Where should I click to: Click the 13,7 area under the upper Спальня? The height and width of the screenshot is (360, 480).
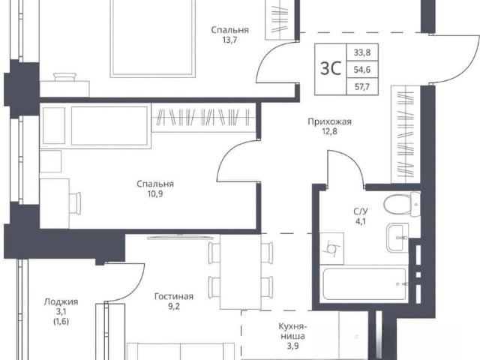coord(229,40)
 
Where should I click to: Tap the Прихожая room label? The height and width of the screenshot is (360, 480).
coord(329,121)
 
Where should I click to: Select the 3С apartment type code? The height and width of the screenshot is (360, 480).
coord(331,68)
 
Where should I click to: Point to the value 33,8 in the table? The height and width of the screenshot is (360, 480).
coord(362,52)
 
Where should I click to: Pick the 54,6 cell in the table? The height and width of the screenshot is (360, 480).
coord(362,70)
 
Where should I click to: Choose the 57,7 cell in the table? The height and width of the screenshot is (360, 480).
coord(362,87)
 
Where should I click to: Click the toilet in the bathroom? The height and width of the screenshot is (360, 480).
coord(402,205)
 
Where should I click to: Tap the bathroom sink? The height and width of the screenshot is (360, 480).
coord(397,238)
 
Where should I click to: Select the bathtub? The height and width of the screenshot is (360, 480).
coord(365,284)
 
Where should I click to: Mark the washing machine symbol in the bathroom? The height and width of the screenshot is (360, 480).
coord(331,248)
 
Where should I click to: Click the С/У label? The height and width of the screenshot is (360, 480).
coord(361,211)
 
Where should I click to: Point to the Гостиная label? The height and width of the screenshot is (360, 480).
coord(174,297)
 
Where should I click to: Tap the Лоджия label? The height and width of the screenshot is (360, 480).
coord(61,301)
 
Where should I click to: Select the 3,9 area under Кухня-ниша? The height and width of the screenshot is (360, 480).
coord(292,346)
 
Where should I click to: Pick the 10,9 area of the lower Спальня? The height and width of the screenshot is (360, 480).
coord(155,193)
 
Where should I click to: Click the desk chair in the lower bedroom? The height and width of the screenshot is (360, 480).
coord(75,203)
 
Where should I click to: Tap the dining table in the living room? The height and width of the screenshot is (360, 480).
coord(240,271)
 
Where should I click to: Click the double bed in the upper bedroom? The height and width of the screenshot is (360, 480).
coord(152,37)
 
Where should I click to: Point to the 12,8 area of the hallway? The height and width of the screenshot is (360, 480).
coord(329,132)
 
